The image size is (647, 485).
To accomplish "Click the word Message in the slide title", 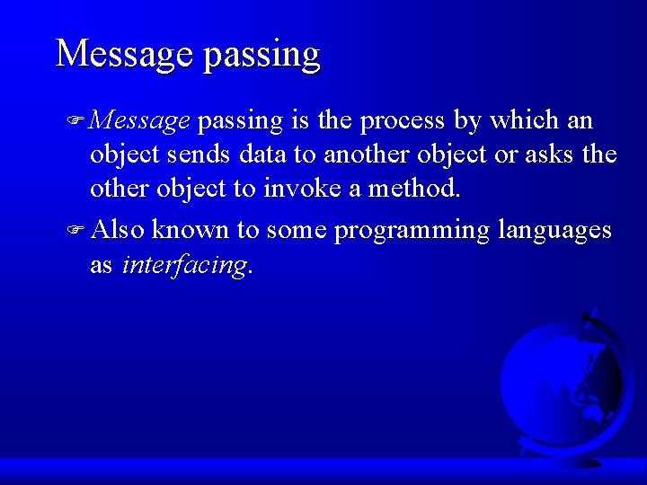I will [x=124, y=54].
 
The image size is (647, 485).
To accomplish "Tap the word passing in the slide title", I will [x=261, y=56].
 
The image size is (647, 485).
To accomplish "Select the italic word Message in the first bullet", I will [x=140, y=120].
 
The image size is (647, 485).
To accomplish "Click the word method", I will [x=414, y=190].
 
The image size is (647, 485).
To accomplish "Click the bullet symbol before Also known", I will [x=79, y=231].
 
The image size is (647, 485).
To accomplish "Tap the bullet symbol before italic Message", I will [x=79, y=121].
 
